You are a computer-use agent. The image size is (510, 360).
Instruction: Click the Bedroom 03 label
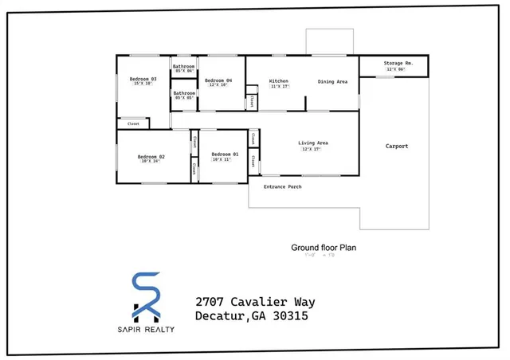click(x=143, y=79)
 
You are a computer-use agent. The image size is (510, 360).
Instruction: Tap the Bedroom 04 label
click(x=218, y=81)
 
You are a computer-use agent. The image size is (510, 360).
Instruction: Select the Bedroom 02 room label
click(x=151, y=156)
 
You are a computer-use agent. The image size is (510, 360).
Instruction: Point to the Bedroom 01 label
click(x=225, y=154)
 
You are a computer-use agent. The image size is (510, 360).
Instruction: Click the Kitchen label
click(x=278, y=81)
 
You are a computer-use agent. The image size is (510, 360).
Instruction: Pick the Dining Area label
click(x=332, y=81)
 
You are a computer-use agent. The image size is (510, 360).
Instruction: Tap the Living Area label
click(x=313, y=143)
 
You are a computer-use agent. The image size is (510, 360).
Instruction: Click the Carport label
click(x=397, y=146)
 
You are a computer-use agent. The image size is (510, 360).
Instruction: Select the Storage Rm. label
click(x=397, y=63)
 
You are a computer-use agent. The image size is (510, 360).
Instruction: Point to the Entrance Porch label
click(x=282, y=186)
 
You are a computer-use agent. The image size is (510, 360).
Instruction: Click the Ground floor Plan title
click(x=323, y=248)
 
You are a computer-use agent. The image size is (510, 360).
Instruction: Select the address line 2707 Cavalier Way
click(x=255, y=302)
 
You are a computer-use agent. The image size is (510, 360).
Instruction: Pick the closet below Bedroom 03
click(x=133, y=123)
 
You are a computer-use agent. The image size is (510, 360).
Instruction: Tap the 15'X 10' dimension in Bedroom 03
click(x=143, y=84)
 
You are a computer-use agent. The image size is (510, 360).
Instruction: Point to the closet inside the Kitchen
click(x=252, y=101)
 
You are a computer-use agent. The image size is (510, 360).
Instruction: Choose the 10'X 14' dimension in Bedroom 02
click(x=151, y=162)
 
